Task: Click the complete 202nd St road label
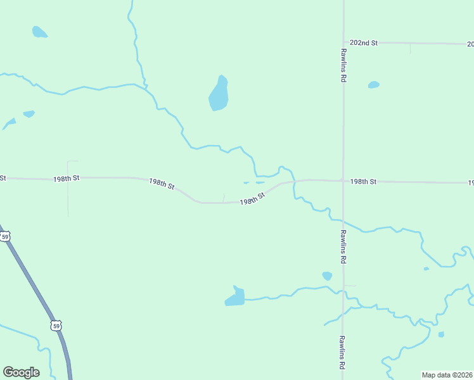tap(364, 43)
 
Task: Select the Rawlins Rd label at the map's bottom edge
tap(342, 353)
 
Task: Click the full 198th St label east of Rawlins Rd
tap(364, 182)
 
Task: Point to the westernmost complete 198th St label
tap(67, 179)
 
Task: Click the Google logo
tap(21, 372)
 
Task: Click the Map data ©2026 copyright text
tap(447, 375)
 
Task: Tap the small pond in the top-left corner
tap(39, 32)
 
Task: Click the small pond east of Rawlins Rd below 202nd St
tap(374, 85)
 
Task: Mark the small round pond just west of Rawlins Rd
tap(327, 275)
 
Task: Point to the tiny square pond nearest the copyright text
tap(441, 334)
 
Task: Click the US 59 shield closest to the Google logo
tap(56, 326)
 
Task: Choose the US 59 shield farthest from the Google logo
tap(5, 237)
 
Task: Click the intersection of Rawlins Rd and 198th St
tap(343, 181)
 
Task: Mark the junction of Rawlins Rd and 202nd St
tap(343, 42)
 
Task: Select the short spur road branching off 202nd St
tap(410, 48)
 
